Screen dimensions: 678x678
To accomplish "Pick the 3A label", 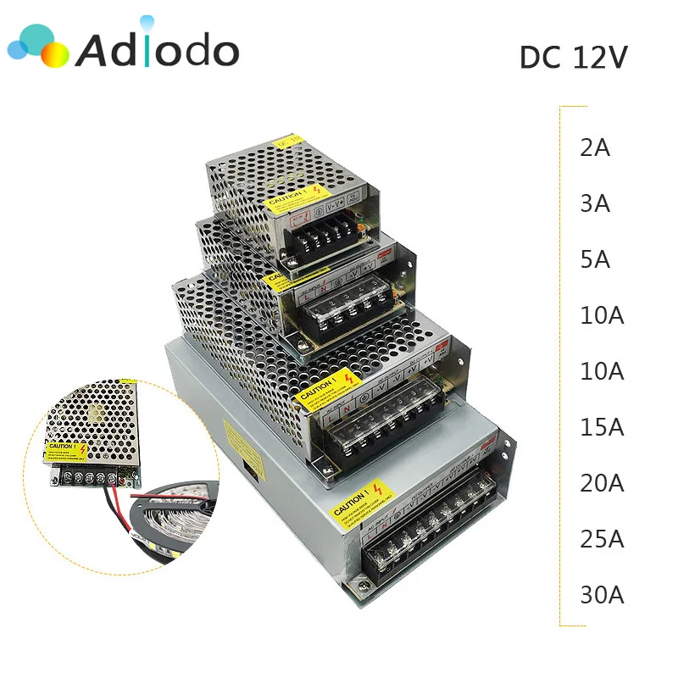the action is click(x=595, y=203).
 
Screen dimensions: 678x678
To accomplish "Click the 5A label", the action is click(x=595, y=259).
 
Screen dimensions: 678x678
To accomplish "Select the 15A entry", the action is click(x=602, y=427).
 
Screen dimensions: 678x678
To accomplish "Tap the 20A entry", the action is click(x=602, y=483).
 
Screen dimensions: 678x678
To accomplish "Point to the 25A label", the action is click(x=602, y=539).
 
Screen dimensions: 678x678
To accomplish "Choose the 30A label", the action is click(x=602, y=595).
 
